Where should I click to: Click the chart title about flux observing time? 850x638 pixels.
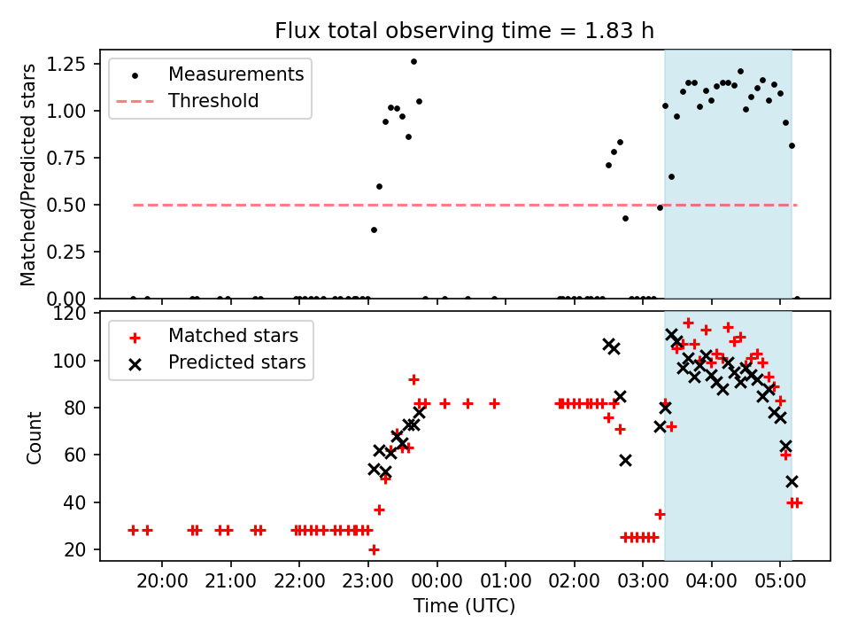pyautogui.click(x=464, y=30)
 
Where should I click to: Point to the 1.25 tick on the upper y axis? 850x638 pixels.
pyautogui.click(x=66, y=64)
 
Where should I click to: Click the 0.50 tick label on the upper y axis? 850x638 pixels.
pyautogui.click(x=66, y=205)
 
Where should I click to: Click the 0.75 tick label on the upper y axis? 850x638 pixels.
pyautogui.click(x=66, y=158)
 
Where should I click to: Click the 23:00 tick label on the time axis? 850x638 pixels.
pyautogui.click(x=368, y=581)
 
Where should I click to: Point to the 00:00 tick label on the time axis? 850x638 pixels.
pyautogui.click(x=437, y=581)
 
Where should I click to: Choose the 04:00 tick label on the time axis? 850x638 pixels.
pyautogui.click(x=712, y=581)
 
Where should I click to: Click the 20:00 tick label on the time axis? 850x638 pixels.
pyautogui.click(x=162, y=581)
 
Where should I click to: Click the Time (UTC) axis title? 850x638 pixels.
pyautogui.click(x=465, y=605)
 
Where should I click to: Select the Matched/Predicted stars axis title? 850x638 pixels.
pyautogui.click(x=27, y=175)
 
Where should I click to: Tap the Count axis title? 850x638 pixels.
pyautogui.click(x=35, y=438)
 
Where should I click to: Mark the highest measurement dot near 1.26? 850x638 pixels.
pyautogui.click(x=413, y=62)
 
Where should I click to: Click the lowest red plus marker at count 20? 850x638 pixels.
pyautogui.click(x=374, y=550)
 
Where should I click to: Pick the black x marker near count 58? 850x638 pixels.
pyautogui.click(x=626, y=461)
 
